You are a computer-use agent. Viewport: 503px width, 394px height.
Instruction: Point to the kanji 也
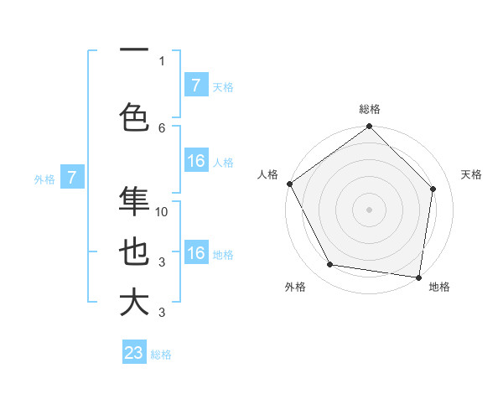pyautogui.click(x=134, y=251)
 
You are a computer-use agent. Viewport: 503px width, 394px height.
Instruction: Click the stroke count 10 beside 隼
pyautogui.click(x=163, y=212)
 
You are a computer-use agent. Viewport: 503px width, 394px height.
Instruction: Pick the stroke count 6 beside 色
pyautogui.click(x=162, y=127)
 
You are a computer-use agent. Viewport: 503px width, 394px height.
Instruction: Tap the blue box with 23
pyautogui.click(x=134, y=353)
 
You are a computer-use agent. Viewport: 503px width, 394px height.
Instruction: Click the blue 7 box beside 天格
pyautogui.click(x=195, y=86)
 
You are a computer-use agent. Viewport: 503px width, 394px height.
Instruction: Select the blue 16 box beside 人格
pyautogui.click(x=195, y=162)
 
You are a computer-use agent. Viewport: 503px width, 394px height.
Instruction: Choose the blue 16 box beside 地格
pyautogui.click(x=195, y=253)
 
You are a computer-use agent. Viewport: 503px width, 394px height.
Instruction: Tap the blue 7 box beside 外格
pyautogui.click(x=72, y=178)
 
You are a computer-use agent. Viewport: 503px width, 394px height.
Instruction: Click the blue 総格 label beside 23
pyautogui.click(x=161, y=355)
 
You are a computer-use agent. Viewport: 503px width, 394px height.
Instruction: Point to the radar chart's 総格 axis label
pyautogui.click(x=370, y=109)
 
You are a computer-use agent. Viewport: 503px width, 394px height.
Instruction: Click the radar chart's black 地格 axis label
pyautogui.click(x=439, y=287)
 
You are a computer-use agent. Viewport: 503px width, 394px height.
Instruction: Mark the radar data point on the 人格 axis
pyautogui.click(x=290, y=184)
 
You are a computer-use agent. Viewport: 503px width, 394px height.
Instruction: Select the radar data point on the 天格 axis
pyautogui.click(x=433, y=189)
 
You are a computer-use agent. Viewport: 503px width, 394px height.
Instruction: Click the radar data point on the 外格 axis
pyautogui.click(x=329, y=265)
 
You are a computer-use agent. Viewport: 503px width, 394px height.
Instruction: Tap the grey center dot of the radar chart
pyautogui.click(x=369, y=210)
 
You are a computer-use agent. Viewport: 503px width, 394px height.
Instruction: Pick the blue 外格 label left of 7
pyautogui.click(x=44, y=179)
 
